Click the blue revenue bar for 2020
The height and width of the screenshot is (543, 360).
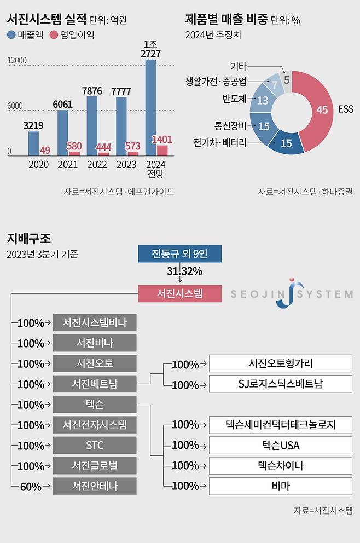[x=34, y=143]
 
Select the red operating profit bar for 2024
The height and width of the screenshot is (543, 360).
[x=162, y=151]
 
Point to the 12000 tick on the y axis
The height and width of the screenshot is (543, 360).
[x=16, y=60]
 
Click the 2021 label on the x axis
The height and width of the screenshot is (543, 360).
[x=67, y=165]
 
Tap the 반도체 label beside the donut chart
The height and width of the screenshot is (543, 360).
[x=234, y=99]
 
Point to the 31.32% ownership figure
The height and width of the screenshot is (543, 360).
[x=184, y=271]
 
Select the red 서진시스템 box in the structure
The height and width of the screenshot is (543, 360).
[x=180, y=293]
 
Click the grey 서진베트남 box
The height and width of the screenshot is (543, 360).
[x=95, y=384]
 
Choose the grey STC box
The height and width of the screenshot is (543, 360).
[x=95, y=445]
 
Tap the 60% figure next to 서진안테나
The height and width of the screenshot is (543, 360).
[x=32, y=486]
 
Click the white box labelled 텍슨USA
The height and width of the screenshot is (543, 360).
[x=281, y=445]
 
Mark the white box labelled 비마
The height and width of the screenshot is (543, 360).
[x=281, y=486]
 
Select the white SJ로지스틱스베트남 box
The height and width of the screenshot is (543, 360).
[x=281, y=384]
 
